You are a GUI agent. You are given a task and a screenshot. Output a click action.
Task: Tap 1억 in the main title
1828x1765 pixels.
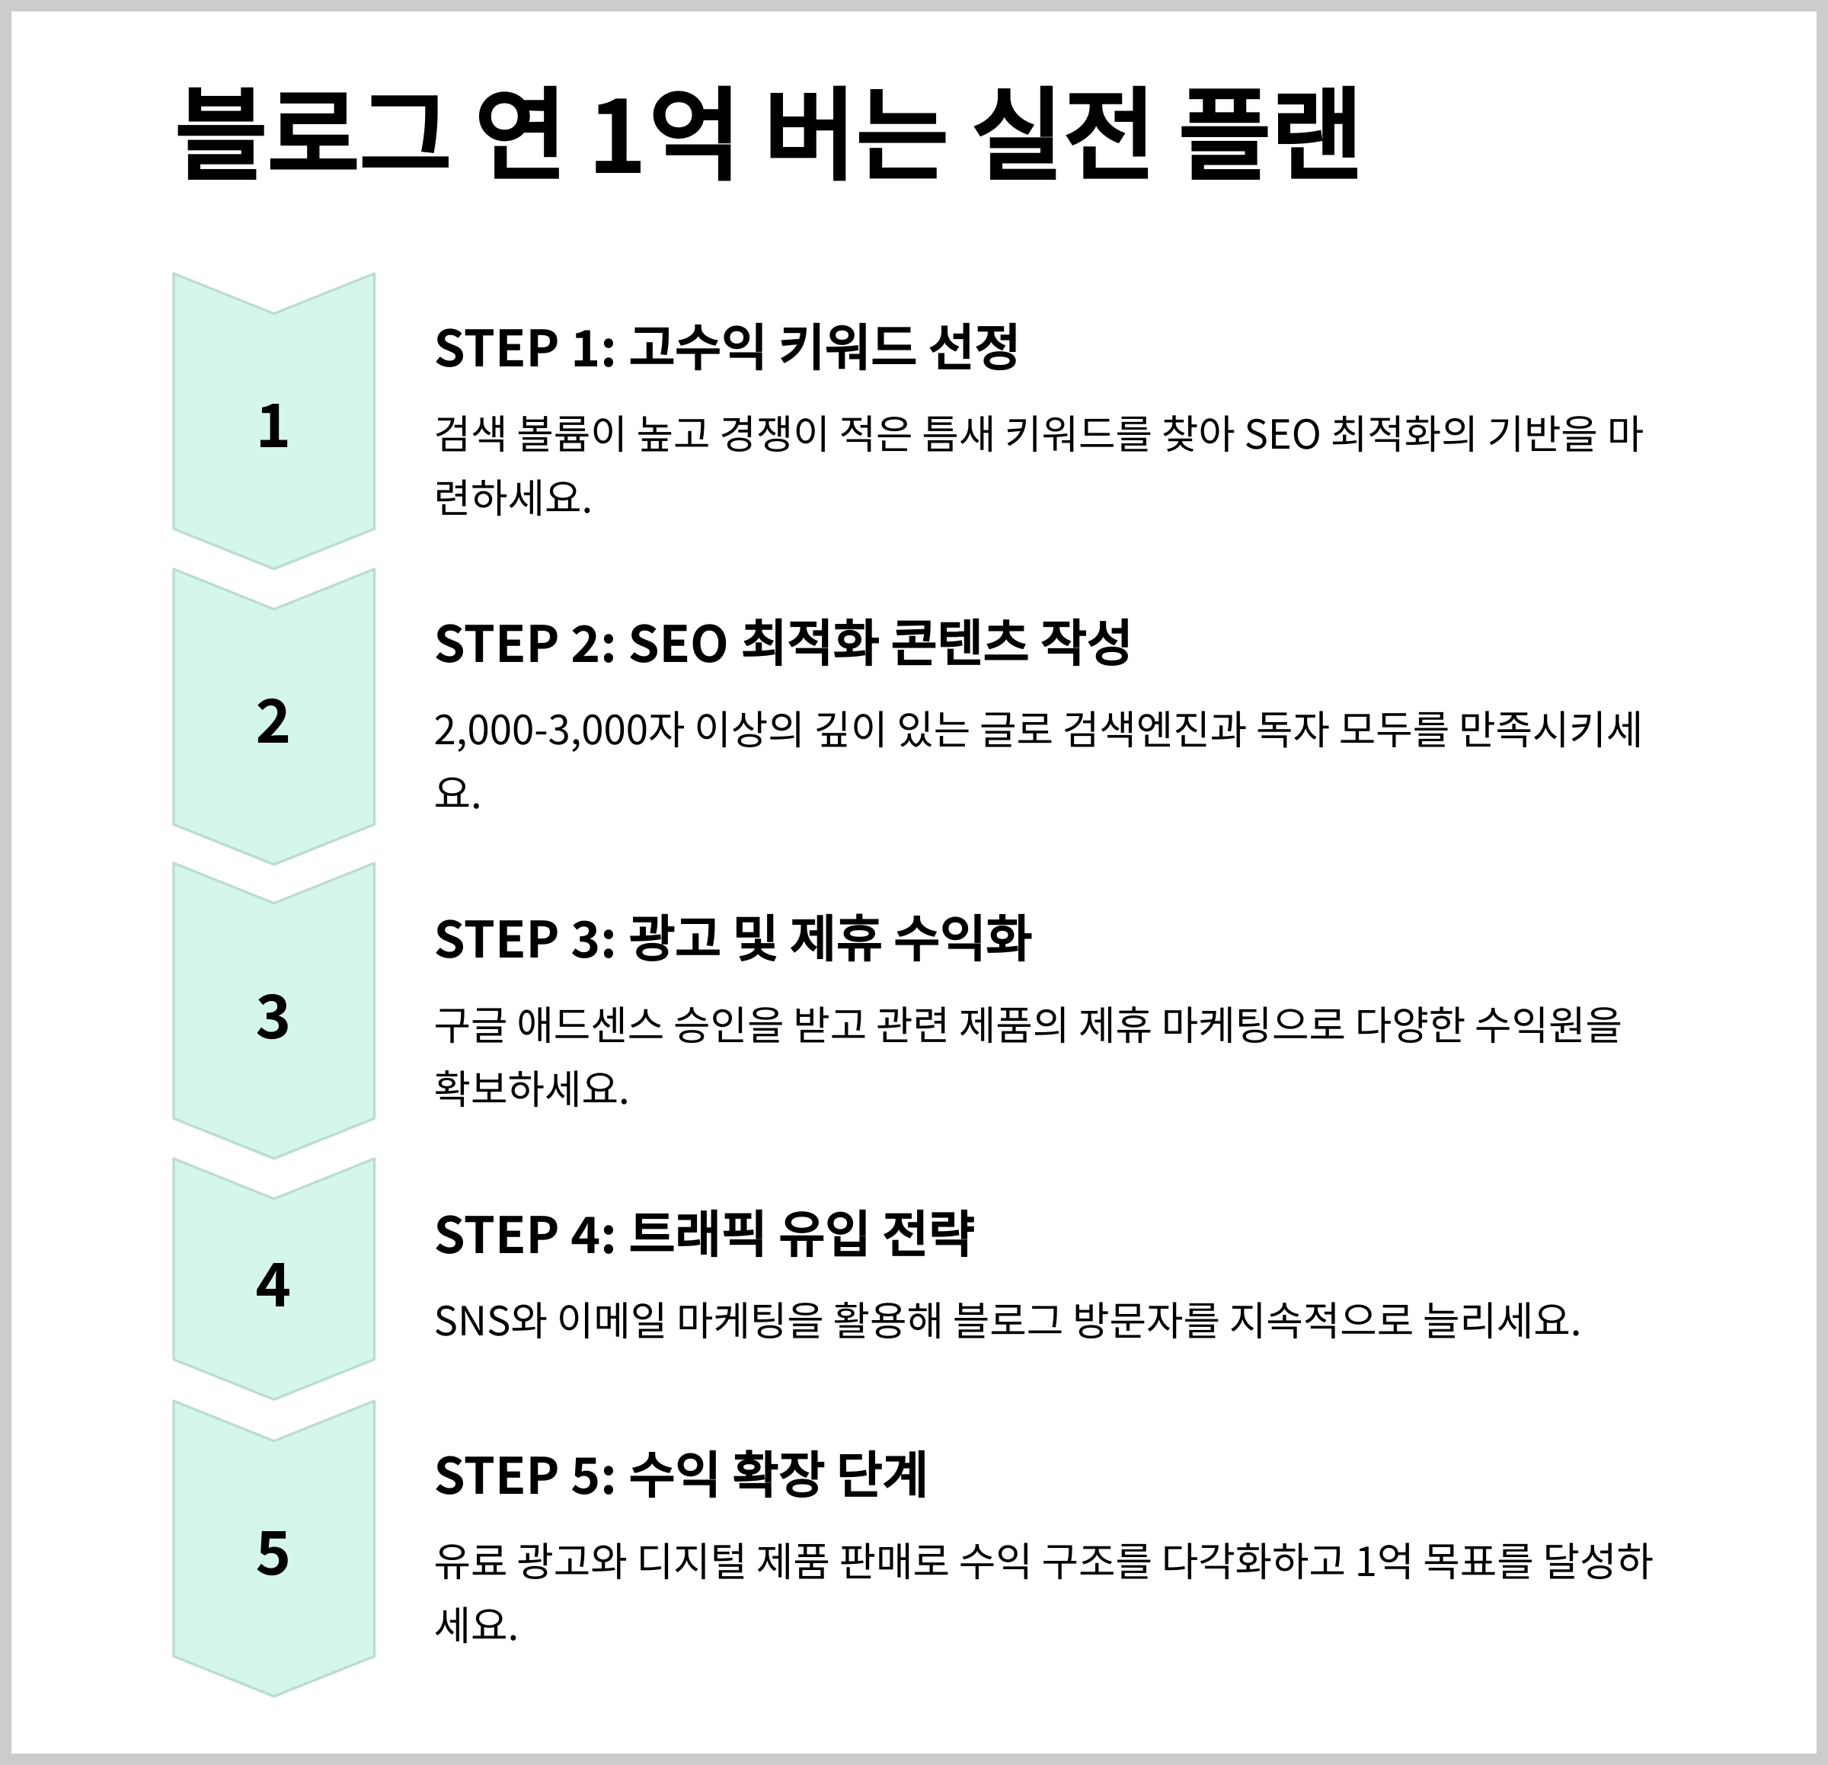click(x=662, y=133)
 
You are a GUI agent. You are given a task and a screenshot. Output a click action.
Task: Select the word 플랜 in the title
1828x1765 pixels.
click(x=1268, y=133)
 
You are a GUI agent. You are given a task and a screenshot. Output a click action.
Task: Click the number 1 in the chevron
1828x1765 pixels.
click(x=273, y=427)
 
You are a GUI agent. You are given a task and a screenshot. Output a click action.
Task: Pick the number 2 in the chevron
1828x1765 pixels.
click(x=273, y=723)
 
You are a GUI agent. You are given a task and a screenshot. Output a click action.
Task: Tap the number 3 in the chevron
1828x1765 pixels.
click(x=273, y=1018)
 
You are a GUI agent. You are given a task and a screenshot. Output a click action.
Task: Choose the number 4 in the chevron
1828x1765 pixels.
click(x=273, y=1286)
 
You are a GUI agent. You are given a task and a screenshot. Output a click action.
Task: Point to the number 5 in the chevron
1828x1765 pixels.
click(x=273, y=1554)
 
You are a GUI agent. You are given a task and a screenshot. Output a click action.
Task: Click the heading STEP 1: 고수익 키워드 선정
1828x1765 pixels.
click(x=726, y=348)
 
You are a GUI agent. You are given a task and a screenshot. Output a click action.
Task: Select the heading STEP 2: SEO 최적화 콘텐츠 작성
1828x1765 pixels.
click(x=781, y=644)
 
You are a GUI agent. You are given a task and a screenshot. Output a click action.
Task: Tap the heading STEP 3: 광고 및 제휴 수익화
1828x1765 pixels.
click(x=732, y=938)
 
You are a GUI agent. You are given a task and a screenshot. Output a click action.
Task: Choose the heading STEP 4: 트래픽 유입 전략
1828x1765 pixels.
click(x=704, y=1234)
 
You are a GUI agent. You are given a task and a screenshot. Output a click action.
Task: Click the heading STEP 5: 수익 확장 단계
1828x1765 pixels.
click(x=681, y=1475)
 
